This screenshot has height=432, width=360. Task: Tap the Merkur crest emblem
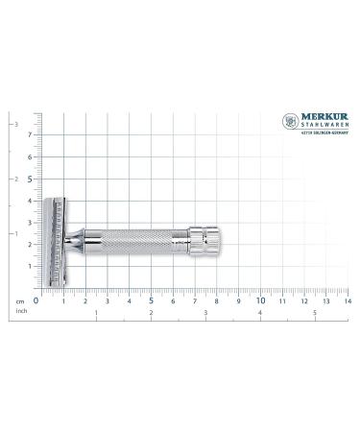[289, 121]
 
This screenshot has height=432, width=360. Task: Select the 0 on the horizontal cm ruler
[36, 300]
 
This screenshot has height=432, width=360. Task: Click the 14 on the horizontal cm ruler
[347, 300]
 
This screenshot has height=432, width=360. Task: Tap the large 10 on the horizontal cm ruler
[260, 300]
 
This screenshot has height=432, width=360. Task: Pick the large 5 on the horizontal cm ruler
[151, 300]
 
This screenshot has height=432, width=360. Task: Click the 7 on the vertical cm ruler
[29, 134]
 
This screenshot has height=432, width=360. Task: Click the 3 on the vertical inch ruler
[14, 125]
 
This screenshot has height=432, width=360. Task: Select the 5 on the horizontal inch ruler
[316, 313]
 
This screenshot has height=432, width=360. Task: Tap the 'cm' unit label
[19, 300]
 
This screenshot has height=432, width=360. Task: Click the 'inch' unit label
[19, 310]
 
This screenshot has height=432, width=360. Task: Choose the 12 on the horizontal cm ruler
[303, 300]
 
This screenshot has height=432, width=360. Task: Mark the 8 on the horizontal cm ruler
[216, 300]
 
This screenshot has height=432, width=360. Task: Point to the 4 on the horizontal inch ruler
[261, 313]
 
